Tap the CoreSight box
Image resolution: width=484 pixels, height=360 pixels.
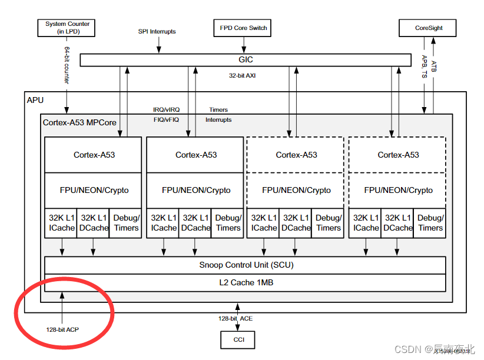click(x=429, y=28)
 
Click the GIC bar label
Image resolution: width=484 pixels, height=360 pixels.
click(x=246, y=60)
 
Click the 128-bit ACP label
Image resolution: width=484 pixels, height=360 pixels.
click(x=62, y=329)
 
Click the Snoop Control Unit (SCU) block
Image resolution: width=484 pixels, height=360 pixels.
click(x=246, y=265)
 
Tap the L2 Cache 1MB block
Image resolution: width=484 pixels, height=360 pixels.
click(x=246, y=282)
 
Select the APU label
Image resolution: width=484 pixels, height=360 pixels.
click(x=35, y=100)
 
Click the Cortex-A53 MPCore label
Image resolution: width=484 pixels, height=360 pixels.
click(x=79, y=122)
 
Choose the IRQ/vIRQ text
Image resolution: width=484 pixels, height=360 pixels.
click(x=166, y=110)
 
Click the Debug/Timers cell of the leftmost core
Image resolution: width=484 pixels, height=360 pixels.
click(x=125, y=223)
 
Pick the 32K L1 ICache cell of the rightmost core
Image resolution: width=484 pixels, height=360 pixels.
click(x=366, y=223)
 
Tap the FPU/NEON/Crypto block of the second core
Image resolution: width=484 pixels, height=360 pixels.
click(x=195, y=190)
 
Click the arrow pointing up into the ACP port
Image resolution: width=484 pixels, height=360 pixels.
click(x=61, y=306)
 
